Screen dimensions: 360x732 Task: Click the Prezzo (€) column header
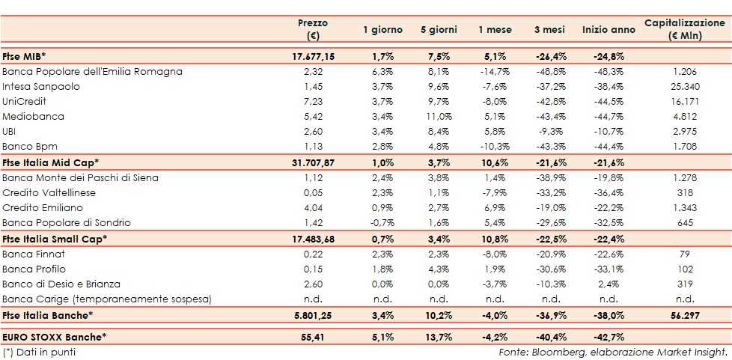pyautogui.click(x=312, y=29)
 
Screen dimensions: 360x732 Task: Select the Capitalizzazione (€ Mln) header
pyautogui.click(x=685, y=29)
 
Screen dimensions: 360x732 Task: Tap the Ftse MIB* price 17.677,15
pyautogui.click(x=313, y=56)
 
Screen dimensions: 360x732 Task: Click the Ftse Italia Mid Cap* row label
pyautogui.click(x=51, y=162)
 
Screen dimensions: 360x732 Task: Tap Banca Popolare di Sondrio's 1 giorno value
pyautogui.click(x=382, y=223)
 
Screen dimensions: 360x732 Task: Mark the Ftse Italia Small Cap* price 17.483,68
pyautogui.click(x=313, y=239)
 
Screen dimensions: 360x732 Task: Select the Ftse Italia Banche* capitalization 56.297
pyautogui.click(x=685, y=315)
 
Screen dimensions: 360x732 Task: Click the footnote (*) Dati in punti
pyautogui.click(x=39, y=352)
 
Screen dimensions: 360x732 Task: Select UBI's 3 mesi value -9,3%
pyautogui.click(x=552, y=132)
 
